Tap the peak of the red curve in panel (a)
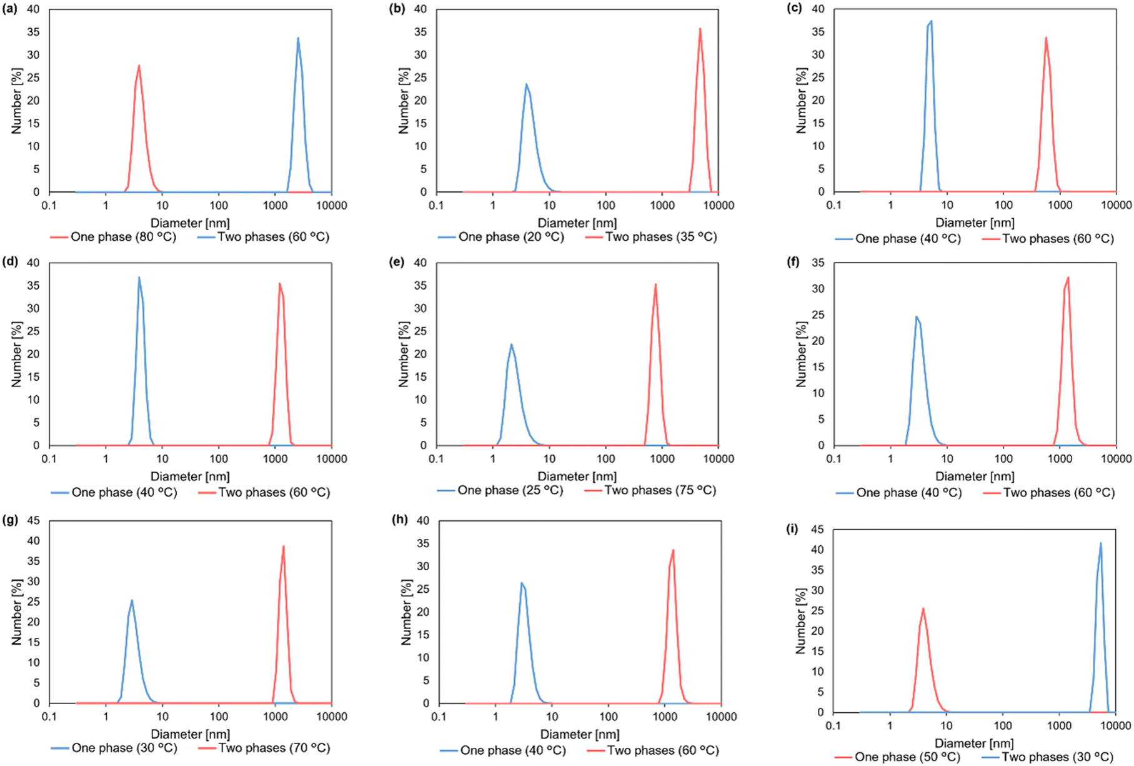[139, 66]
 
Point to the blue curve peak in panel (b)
[526, 84]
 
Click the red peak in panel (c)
[1045, 38]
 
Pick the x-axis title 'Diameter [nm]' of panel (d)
[190, 476]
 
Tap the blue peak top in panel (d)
[139, 277]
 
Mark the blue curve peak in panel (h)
[521, 583]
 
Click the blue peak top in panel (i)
[1100, 543]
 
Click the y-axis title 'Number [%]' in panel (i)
[800, 621]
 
